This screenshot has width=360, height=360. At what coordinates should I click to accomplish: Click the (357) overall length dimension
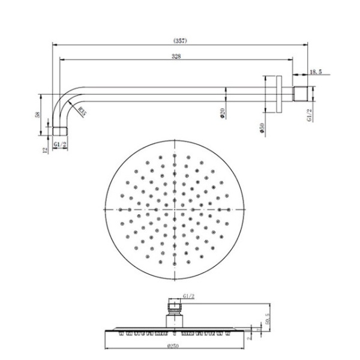181,41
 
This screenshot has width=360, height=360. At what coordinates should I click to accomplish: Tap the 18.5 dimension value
316,72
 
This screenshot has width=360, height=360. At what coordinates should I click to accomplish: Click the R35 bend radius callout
83,110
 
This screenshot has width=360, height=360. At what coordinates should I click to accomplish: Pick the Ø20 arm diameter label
223,112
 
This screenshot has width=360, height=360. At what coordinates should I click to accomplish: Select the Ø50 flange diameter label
262,128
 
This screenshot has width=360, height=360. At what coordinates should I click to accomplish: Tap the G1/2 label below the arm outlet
59,145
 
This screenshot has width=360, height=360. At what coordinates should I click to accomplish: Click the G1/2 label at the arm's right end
310,115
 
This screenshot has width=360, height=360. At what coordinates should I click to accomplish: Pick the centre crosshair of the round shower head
175,209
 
